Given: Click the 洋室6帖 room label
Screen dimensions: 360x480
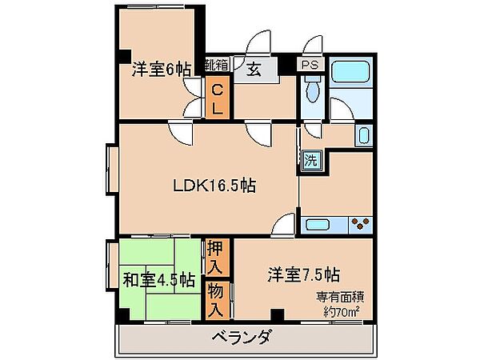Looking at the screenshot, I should click(161, 70).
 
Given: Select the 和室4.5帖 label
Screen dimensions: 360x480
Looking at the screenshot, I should click(159, 280).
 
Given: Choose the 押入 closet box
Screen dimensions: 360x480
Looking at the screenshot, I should click(216, 257).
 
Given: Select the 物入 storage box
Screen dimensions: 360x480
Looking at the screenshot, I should click(216, 298).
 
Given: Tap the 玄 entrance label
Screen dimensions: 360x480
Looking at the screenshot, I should click(252, 70).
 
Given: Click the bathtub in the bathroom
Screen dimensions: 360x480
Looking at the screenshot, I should click(350, 78).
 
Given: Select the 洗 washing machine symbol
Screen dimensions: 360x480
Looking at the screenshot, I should click(311, 159).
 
